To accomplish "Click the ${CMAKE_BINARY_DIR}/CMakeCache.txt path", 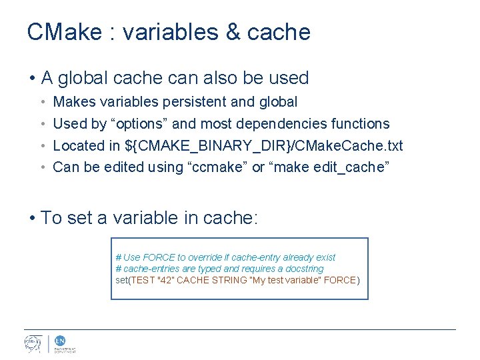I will point(264,146).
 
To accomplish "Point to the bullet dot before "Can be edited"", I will point(42,167).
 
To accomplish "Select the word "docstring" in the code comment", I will point(303,269).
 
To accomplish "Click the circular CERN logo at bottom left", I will point(33,343).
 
